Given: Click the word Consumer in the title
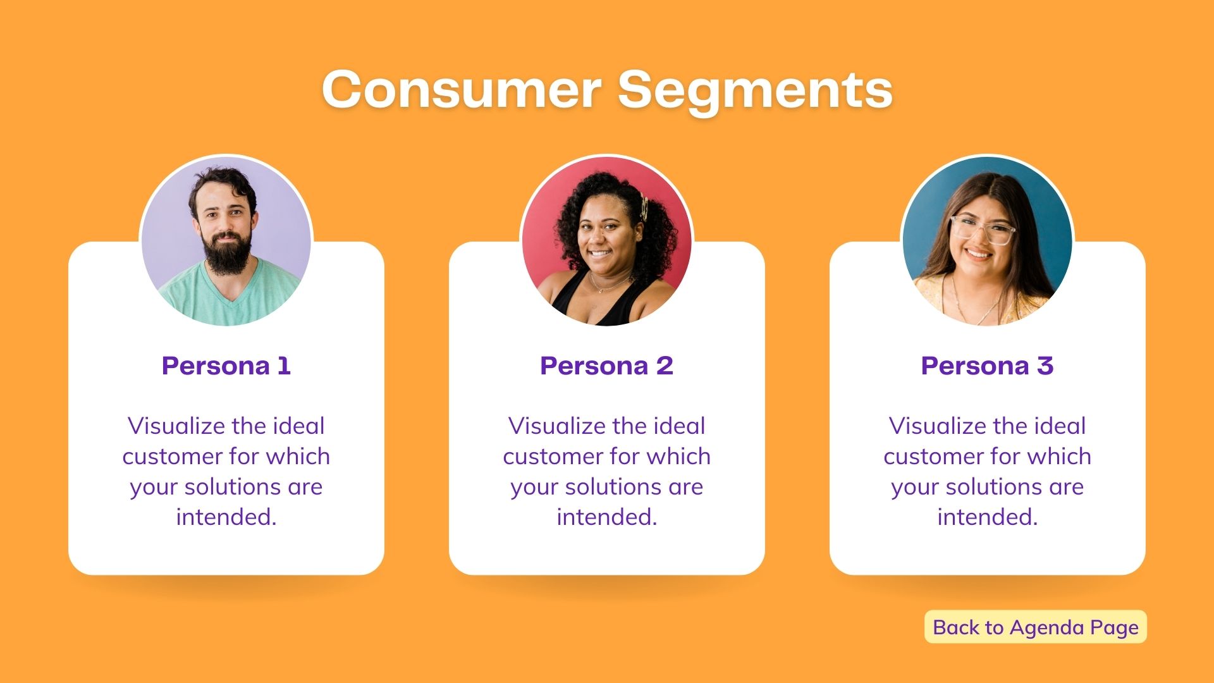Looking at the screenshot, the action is [x=462, y=89].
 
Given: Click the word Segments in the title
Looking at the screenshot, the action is [x=755, y=92].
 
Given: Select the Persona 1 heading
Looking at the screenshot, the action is [x=226, y=366].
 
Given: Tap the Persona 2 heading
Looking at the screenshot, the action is [x=607, y=366].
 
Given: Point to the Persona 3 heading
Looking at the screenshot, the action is [x=988, y=366].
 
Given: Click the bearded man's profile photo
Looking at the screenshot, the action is [x=226, y=241].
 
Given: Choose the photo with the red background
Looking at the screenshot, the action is [x=607, y=241].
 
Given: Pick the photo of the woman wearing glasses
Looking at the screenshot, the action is [x=988, y=241].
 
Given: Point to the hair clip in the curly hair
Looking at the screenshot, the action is [x=644, y=207].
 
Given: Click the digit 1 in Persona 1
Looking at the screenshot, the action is [x=284, y=366].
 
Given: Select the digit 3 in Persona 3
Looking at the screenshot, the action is [x=1045, y=366].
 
